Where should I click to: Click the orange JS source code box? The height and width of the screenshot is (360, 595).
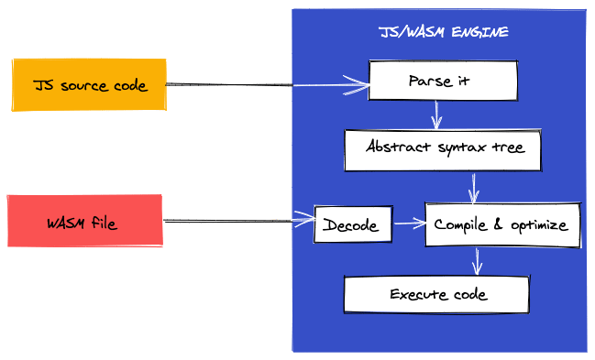[x=88, y=84]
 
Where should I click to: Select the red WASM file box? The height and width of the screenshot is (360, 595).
[x=84, y=221]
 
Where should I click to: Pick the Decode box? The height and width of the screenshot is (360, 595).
[x=353, y=224]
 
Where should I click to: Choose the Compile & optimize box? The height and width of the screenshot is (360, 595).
[x=501, y=224]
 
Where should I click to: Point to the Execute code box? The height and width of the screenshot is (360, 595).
[x=437, y=294]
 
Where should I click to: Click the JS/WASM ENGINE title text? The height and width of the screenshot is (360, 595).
[x=444, y=32]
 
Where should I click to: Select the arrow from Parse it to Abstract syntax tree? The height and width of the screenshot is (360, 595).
[x=437, y=115]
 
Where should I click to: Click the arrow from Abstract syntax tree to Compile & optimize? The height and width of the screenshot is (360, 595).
[x=474, y=187]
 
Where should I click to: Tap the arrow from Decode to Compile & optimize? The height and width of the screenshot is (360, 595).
[x=409, y=223]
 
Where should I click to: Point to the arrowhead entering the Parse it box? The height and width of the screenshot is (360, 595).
[x=359, y=87]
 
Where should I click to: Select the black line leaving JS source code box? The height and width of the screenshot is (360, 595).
[x=229, y=84]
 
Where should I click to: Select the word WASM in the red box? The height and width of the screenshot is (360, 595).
[x=65, y=223]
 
